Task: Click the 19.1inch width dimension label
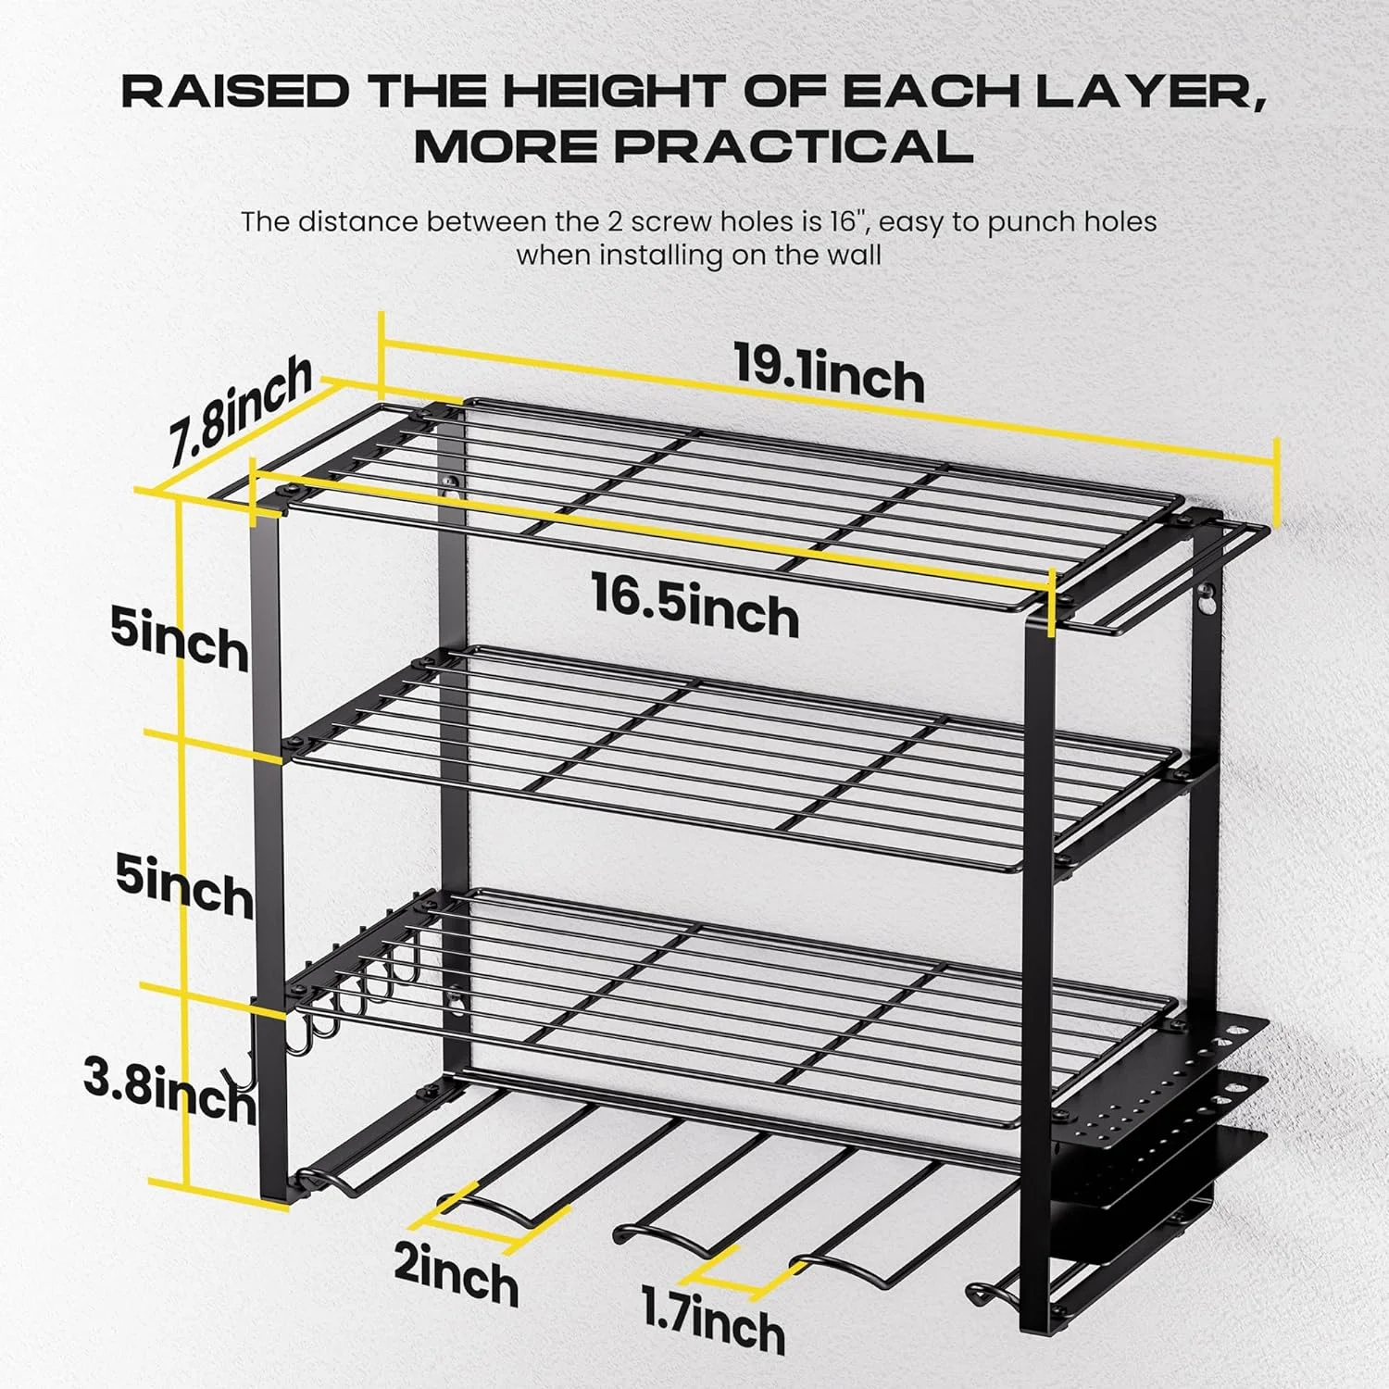(829, 372)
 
